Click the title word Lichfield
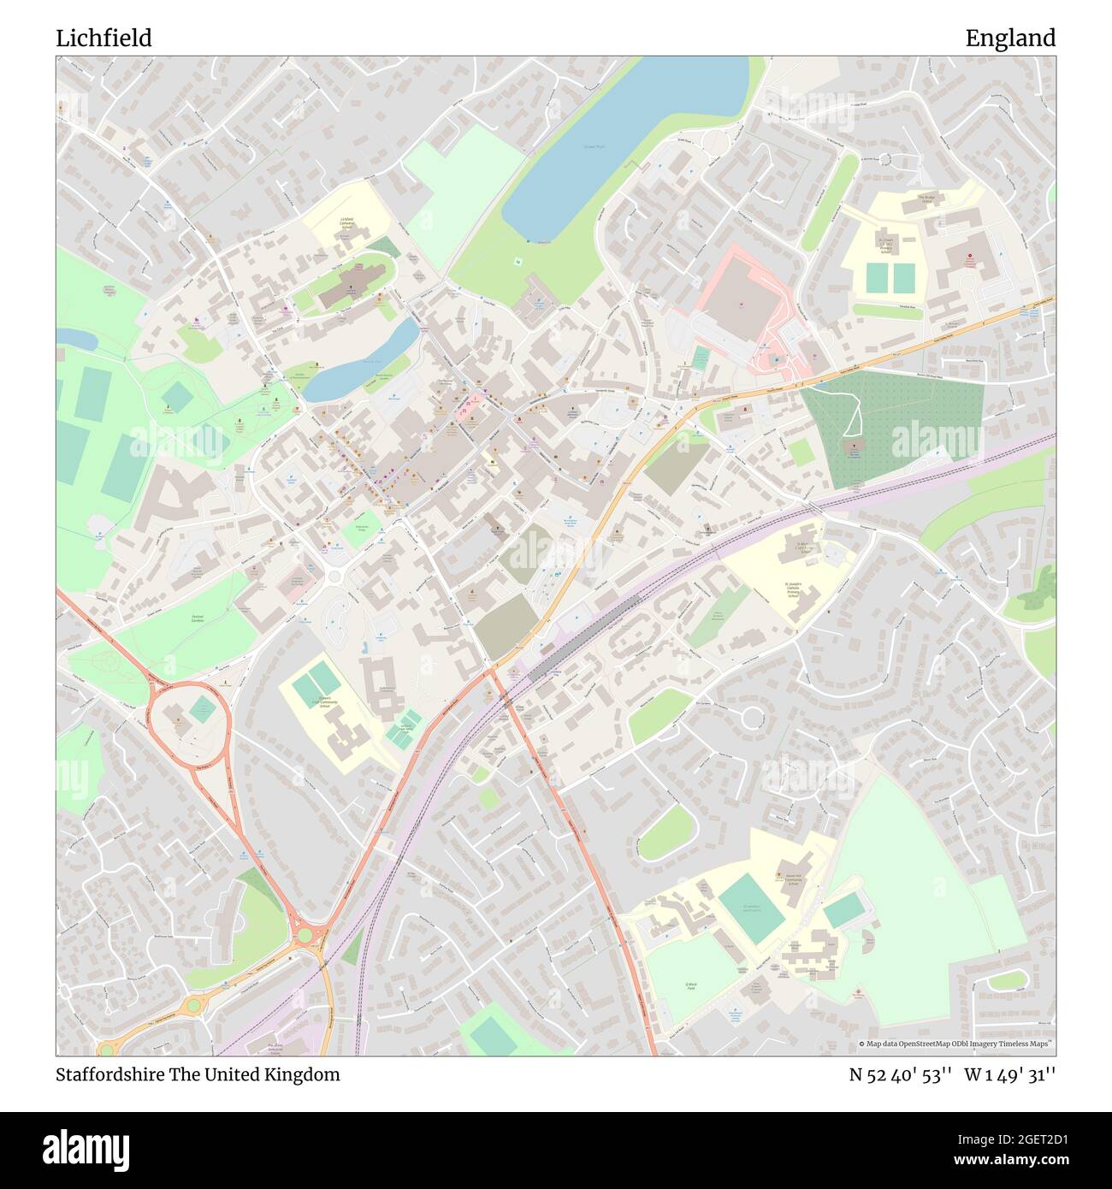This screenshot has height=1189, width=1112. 104,38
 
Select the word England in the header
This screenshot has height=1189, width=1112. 1010,38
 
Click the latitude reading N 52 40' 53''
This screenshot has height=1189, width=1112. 901,1075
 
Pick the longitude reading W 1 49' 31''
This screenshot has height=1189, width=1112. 1010,1075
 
